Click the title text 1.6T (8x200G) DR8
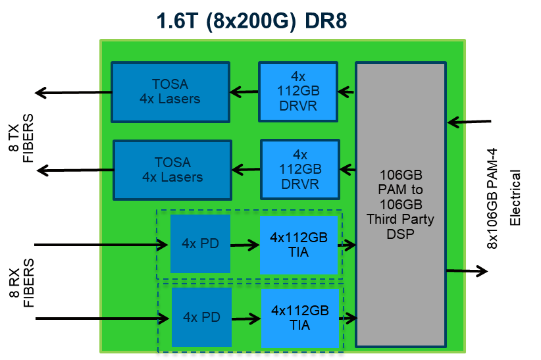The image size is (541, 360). click(251, 21)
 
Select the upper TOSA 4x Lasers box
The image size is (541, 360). click(170, 91)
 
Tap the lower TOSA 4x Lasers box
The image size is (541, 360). click(172, 170)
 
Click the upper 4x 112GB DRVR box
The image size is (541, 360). click(297, 91)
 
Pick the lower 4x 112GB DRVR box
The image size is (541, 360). click(300, 169)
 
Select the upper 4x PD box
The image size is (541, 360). click(200, 244)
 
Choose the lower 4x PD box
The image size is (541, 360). click(201, 317)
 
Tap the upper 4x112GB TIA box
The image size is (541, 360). click(299, 244)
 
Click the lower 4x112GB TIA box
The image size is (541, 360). click(301, 317)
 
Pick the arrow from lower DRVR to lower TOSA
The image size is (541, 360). click(247, 170)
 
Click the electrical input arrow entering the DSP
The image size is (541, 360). click(469, 122)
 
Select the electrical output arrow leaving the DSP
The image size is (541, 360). click(467, 270)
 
